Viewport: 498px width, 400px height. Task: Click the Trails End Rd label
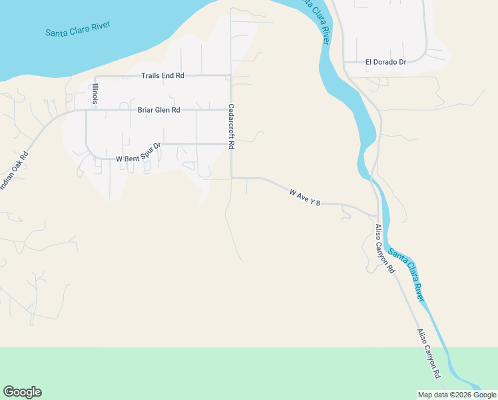(162, 76)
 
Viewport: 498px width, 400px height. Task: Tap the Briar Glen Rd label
(158, 110)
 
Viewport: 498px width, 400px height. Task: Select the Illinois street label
(96, 94)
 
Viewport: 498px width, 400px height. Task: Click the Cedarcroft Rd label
(232, 126)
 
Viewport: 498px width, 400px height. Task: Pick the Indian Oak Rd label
(15, 171)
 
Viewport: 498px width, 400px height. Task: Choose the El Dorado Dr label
(385, 62)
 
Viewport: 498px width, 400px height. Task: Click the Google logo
(22, 392)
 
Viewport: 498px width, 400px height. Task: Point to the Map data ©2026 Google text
(457, 395)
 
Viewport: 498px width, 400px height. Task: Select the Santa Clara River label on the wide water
(77, 29)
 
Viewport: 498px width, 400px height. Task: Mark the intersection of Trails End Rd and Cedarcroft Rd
(231, 75)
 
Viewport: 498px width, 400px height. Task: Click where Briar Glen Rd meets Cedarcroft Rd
(231, 109)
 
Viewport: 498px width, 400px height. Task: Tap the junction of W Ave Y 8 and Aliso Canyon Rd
(378, 216)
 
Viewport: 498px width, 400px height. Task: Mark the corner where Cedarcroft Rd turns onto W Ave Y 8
(231, 178)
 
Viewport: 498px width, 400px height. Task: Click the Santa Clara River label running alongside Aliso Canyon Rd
(407, 274)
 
